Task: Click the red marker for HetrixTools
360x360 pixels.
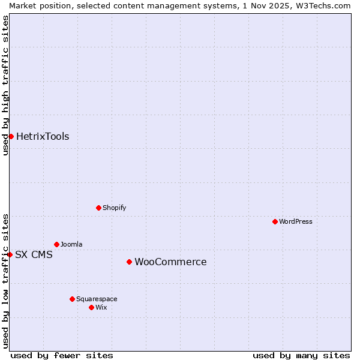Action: [x=11, y=136]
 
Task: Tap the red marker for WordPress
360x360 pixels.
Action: [x=275, y=221]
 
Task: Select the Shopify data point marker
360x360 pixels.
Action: [x=98, y=208]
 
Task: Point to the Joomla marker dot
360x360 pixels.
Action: [x=56, y=244]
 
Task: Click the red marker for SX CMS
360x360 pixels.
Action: [x=10, y=254]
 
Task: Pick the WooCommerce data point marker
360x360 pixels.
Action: [x=129, y=262]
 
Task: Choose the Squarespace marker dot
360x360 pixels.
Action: [x=72, y=299]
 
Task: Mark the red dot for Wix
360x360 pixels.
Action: [x=91, y=307]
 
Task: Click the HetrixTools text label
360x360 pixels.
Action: [x=43, y=136]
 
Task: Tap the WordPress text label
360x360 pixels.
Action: [x=296, y=221]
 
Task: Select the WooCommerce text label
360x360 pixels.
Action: [x=170, y=262]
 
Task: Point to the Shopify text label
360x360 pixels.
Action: [x=114, y=208]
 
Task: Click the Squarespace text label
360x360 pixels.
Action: [x=97, y=299]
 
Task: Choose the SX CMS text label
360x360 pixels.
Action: [x=34, y=254]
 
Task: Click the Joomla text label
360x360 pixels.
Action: [x=71, y=244]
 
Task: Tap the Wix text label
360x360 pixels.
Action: [x=101, y=307]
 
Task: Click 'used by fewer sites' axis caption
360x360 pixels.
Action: [x=62, y=355]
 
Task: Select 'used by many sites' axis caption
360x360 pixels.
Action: [x=301, y=355]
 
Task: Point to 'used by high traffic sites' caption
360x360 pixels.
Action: [x=5, y=85]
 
